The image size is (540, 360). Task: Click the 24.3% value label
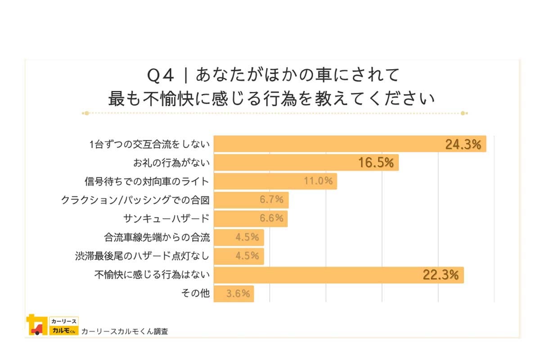pyautogui.click(x=463, y=144)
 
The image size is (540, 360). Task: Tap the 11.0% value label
pyautogui.click(x=318, y=181)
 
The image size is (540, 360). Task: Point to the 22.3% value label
pyautogui.click(x=441, y=275)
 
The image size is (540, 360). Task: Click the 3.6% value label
pyautogui.click(x=238, y=294)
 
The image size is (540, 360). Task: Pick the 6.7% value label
pyautogui.click(x=271, y=200)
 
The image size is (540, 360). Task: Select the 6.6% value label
pyautogui.click(x=271, y=218)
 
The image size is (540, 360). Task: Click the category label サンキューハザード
pyautogui.click(x=166, y=219)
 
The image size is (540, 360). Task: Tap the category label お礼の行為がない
pyautogui.click(x=171, y=163)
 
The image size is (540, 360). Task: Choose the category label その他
pyautogui.click(x=195, y=293)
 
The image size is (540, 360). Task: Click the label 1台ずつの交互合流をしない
pyautogui.click(x=149, y=144)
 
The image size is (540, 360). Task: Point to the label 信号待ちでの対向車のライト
pyautogui.click(x=147, y=181)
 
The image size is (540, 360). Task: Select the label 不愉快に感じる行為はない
pyautogui.click(x=152, y=274)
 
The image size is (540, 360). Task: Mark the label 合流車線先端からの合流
pyautogui.click(x=157, y=237)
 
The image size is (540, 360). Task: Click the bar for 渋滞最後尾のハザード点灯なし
pyautogui.click(x=238, y=256)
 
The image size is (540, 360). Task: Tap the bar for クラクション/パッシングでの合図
pyautogui.click(x=251, y=200)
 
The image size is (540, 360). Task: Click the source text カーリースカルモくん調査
pyautogui.click(x=125, y=332)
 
